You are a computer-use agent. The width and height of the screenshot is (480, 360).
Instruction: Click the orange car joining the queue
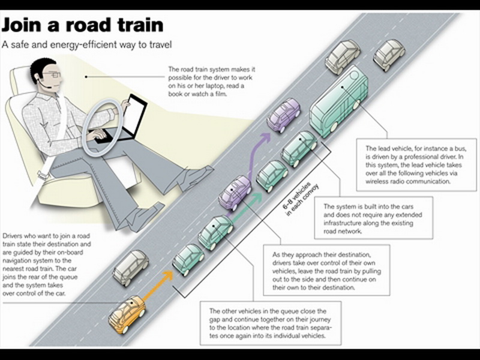tap(127, 314)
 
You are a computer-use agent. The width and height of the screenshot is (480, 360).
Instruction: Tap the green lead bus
tap(339, 101)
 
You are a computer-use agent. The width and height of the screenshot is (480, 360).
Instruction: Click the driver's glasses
tap(53, 74)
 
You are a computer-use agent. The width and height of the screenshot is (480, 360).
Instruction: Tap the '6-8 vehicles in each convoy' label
tap(301, 200)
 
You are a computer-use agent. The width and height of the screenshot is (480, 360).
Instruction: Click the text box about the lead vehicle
tap(416, 164)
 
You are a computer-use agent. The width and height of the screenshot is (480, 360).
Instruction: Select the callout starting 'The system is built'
tap(373, 218)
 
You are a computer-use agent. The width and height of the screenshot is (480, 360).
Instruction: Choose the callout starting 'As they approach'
tap(326, 270)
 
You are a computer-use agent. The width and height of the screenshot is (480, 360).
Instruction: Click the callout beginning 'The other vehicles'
tap(271, 323)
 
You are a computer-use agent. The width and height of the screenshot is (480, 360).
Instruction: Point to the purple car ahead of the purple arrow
tap(283, 115)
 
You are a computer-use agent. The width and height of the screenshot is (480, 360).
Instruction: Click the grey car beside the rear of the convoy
tap(131, 268)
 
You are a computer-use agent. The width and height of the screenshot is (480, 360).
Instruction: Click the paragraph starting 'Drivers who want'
tap(47, 265)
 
